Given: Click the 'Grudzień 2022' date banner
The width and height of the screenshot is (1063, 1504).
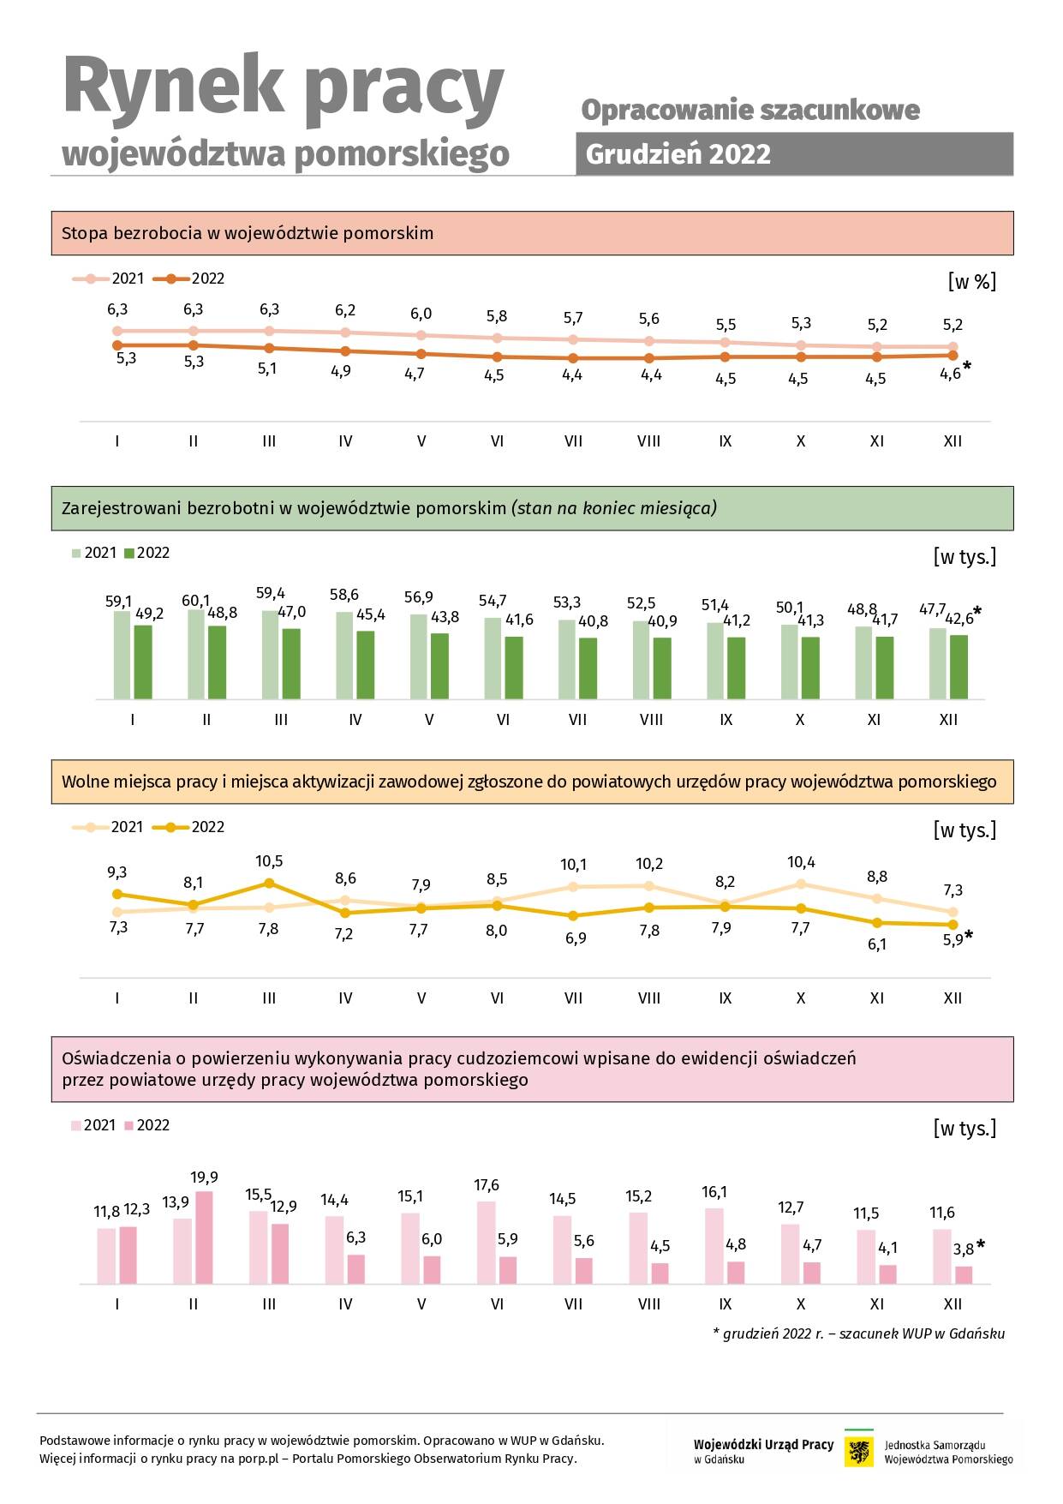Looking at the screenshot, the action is click(794, 154).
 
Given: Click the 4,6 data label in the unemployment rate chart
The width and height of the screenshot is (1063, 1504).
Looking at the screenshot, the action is click(950, 374).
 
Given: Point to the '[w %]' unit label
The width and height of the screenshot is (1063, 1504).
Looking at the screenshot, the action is click(972, 281).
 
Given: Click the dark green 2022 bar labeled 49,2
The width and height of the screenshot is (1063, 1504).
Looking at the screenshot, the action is click(143, 662).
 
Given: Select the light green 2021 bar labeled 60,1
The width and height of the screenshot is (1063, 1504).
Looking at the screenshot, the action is click(196, 654).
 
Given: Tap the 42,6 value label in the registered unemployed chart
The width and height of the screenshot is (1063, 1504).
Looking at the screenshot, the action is click(958, 619).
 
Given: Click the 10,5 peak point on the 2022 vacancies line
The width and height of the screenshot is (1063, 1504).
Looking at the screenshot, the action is click(269, 883).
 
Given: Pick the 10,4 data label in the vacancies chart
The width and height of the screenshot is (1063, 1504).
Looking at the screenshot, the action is click(801, 863).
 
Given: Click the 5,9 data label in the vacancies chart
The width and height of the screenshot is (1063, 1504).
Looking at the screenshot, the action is click(953, 940).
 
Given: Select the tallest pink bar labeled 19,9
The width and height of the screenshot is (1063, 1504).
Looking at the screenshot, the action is click(204, 1237).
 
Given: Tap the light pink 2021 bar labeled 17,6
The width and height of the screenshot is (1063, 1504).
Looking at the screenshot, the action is click(486, 1243).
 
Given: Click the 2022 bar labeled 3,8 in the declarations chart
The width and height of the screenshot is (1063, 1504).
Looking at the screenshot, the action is click(964, 1275).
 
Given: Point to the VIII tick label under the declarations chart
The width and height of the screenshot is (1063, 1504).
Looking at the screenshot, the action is click(649, 1304).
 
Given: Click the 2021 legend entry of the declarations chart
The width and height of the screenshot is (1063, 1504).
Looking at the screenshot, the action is click(93, 1125).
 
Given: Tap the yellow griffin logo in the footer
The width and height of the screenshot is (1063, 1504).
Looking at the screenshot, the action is click(859, 1452).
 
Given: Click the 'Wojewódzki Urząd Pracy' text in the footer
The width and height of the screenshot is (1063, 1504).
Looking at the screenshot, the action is click(763, 1445).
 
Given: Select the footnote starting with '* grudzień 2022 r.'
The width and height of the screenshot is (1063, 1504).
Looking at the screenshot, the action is click(858, 1333).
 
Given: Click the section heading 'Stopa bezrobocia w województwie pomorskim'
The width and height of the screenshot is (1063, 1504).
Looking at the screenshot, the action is click(248, 233).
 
